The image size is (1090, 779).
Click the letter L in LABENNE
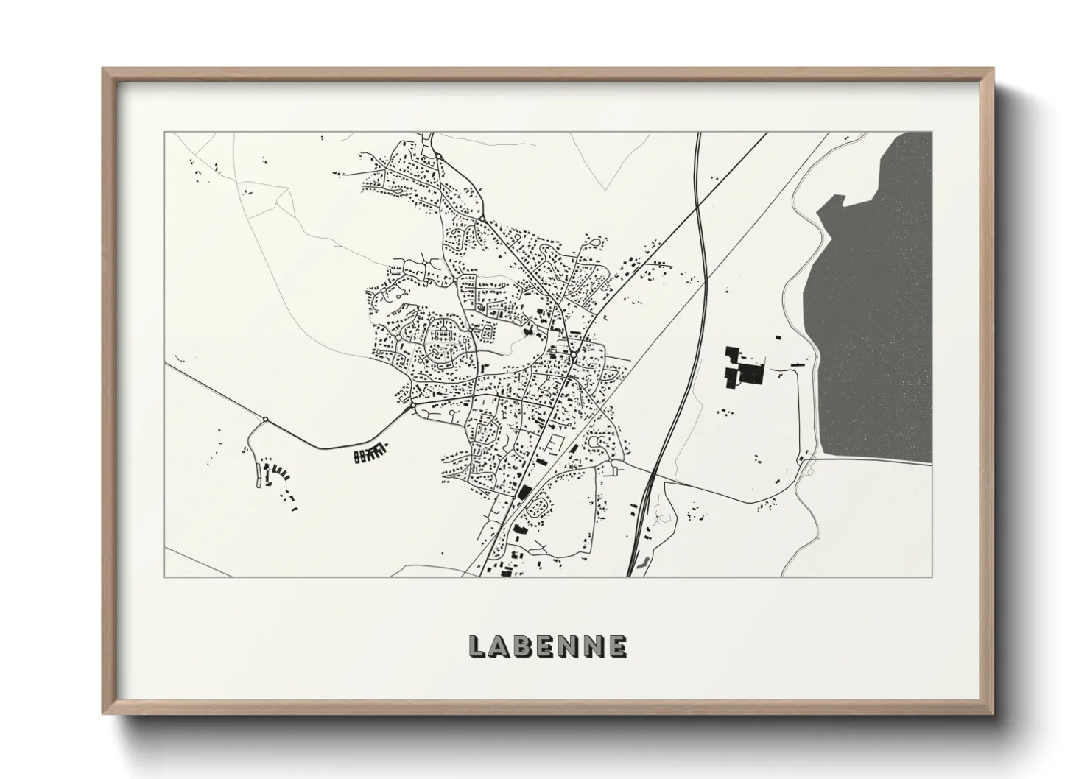coord(477,646)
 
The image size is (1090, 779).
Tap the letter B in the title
coord(524,646)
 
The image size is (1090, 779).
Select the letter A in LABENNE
coord(499,646)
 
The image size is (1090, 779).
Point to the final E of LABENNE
coord(617,646)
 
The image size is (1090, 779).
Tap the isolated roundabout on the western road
coord(265,420)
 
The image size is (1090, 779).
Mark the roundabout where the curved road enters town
coord(412,405)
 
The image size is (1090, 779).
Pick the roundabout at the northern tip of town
coord(439,156)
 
